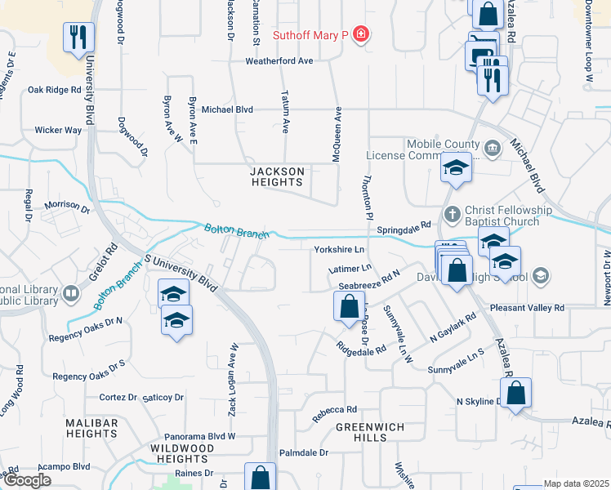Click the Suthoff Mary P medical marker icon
tap(360, 35)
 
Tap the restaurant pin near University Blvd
tap(79, 37)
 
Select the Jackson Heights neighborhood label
tap(277, 177)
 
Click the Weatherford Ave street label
tap(280, 61)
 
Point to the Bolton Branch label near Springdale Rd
tap(237, 232)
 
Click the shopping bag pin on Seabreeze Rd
tap(349, 307)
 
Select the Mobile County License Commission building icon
tap(492, 149)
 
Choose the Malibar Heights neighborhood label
tap(92, 429)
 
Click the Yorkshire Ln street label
tap(339, 249)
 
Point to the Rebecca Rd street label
tap(335, 410)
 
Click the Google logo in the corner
tap(27, 480)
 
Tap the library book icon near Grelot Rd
tap(71, 292)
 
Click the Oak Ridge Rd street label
tap(55, 90)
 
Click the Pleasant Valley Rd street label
tap(527, 308)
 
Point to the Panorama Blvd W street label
tap(200, 436)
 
